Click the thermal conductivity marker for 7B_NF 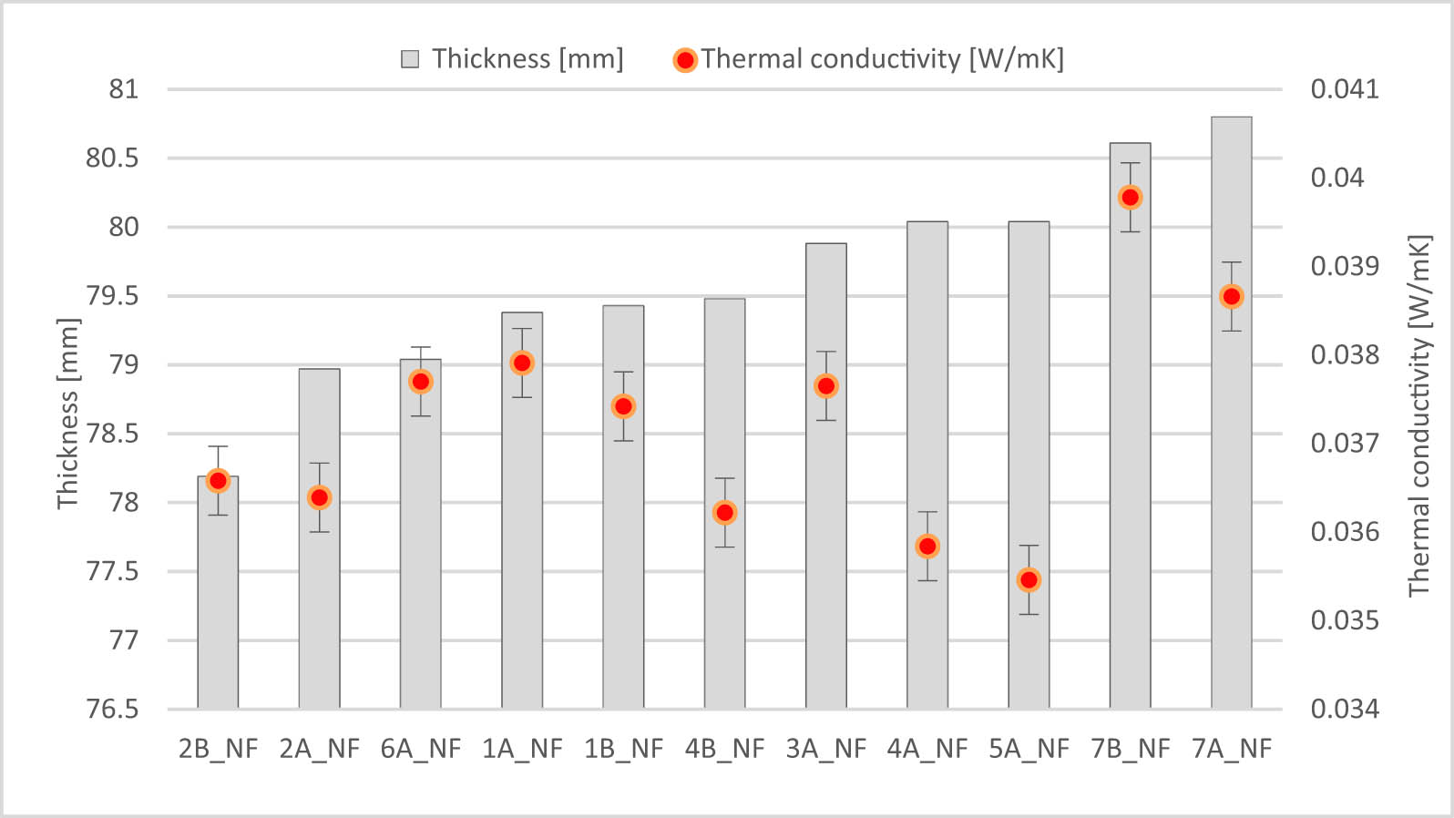point(1130,198)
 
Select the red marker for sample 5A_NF point(1029,580)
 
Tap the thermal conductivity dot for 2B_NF point(218,481)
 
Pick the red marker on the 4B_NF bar point(724,513)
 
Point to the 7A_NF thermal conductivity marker point(1231,297)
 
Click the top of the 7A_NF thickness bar point(1231,118)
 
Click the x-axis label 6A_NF point(421,749)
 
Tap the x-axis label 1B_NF point(623,749)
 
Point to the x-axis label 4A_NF point(927,749)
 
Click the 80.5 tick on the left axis point(112,158)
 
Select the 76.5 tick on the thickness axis point(112,709)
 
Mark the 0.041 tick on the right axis point(1344,89)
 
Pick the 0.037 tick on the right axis point(1344,444)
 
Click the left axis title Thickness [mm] point(68,414)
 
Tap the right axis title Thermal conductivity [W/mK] point(1419,416)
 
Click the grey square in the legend point(410,60)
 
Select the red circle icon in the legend point(685,60)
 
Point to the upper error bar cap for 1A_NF point(522,329)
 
